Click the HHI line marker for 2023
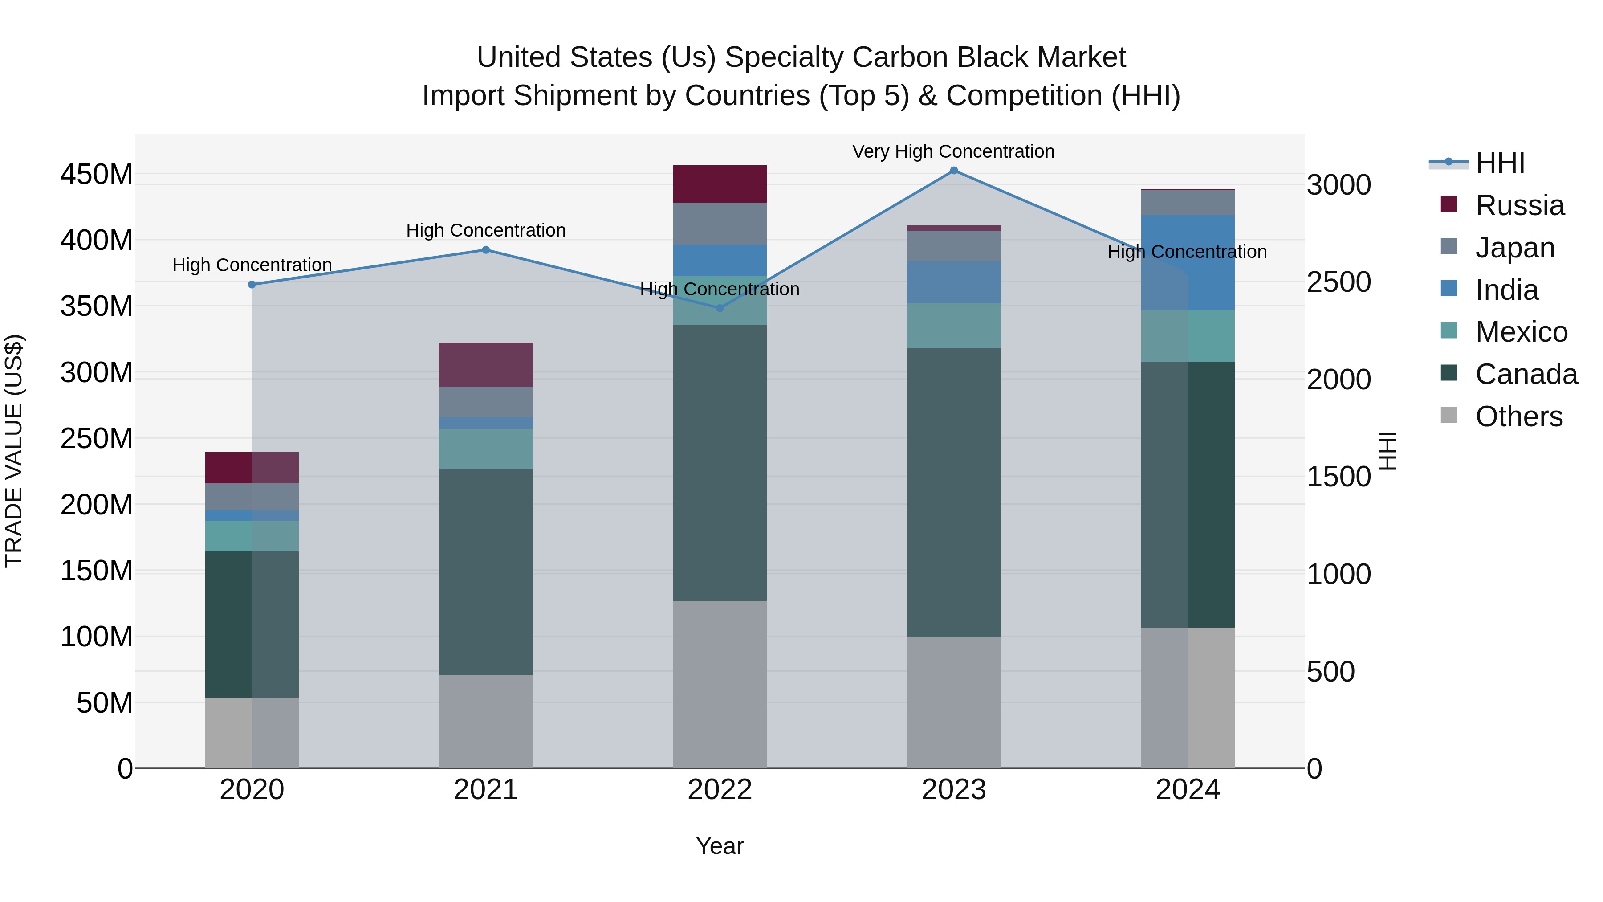pos(953,171)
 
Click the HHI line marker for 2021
pos(486,250)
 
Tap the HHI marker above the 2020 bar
pos(252,285)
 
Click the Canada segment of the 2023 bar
pos(953,492)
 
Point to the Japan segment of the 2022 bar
pos(720,224)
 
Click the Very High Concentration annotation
pos(953,151)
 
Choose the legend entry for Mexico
pos(1521,332)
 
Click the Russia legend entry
pos(1519,205)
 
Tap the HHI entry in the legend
pos(1499,163)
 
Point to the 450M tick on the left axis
pos(97,174)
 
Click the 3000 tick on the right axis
pos(1338,185)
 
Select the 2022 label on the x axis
pos(720,790)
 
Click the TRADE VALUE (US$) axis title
pos(14,451)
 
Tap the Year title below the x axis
pos(720,846)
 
